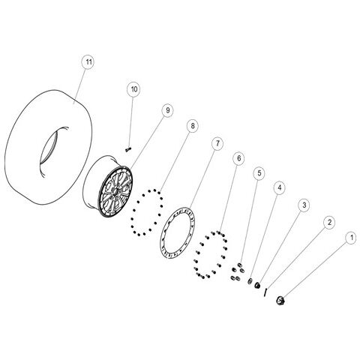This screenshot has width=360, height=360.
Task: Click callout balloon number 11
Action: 88,61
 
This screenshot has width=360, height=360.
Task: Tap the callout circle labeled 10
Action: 133,89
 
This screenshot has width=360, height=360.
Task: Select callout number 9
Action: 167,110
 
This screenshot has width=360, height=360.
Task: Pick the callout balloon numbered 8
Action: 192,126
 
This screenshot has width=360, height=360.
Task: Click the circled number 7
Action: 217,143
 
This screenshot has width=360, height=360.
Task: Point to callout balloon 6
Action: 238,158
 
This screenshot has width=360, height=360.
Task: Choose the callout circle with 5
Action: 259,172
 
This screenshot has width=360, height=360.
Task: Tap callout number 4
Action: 280,187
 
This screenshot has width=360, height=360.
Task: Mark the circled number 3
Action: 304,205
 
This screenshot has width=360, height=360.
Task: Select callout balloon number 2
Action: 329,222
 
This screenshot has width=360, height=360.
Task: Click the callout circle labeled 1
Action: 352,238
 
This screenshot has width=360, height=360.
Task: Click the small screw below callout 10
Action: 128,149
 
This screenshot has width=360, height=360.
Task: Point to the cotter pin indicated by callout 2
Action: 265,292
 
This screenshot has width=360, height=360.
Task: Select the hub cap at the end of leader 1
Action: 280,300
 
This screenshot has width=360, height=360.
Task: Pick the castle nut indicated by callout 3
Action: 256,285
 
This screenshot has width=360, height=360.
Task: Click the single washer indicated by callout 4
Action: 250,281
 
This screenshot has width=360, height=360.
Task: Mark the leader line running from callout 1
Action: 316,270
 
